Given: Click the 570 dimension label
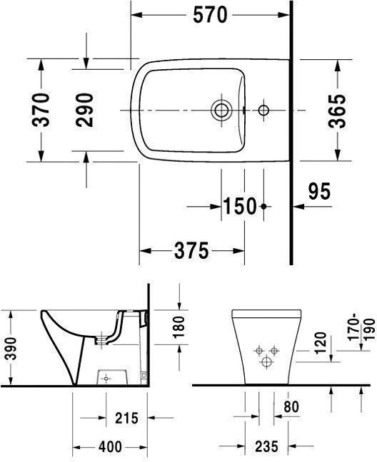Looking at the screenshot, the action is click(x=210, y=15).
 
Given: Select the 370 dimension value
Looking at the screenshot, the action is click(x=41, y=110).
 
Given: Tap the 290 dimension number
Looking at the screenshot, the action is click(x=85, y=110).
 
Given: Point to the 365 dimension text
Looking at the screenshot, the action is click(x=337, y=111).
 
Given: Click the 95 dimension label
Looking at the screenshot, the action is click(x=319, y=191).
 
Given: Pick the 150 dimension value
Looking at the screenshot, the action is click(x=240, y=206).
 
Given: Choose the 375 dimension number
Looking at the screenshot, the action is click(x=191, y=251).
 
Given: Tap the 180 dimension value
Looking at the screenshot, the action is click(x=179, y=327).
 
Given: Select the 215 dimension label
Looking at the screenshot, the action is click(x=126, y=418).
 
